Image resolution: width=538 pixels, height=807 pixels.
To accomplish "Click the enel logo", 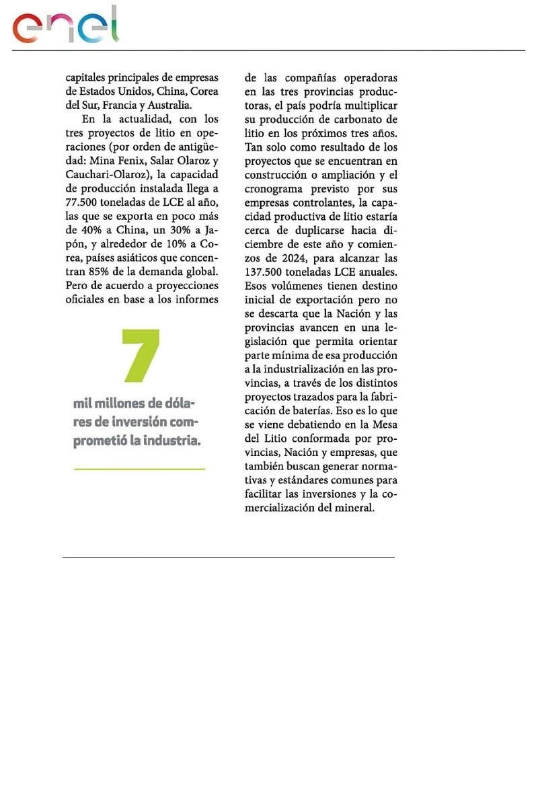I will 65,26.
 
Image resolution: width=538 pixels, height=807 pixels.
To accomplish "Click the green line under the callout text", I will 139,468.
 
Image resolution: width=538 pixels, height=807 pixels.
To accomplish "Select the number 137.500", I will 267,272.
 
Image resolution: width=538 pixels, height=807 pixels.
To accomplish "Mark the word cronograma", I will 274,188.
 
